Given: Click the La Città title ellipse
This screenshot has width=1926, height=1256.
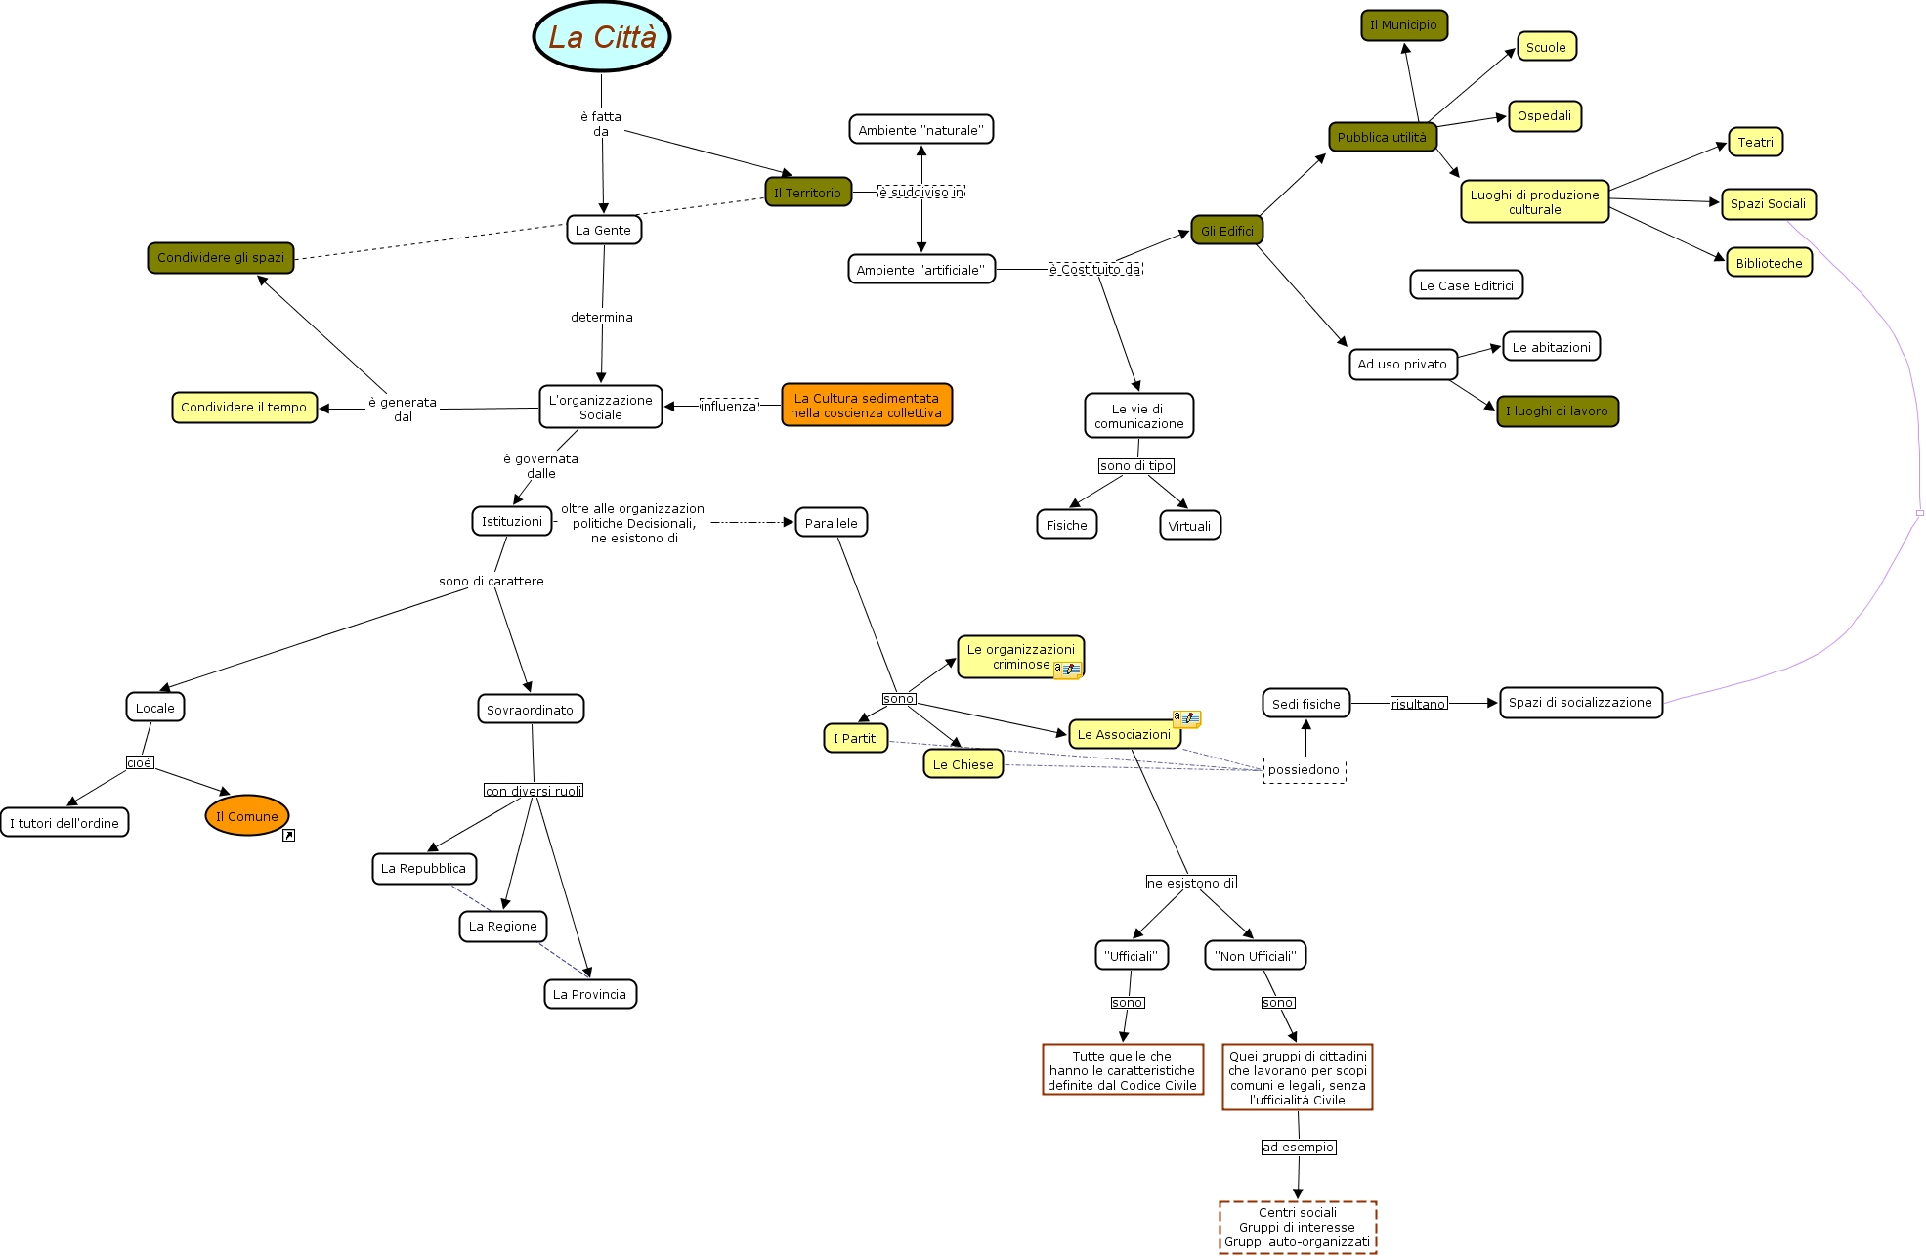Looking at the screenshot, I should [x=602, y=37].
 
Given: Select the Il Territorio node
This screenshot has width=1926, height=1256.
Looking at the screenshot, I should [x=808, y=193].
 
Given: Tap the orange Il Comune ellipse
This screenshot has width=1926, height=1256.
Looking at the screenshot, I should [x=247, y=815].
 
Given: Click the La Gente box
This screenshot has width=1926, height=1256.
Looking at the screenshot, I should [x=604, y=230].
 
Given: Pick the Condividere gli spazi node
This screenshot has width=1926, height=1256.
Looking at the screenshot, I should [x=221, y=258].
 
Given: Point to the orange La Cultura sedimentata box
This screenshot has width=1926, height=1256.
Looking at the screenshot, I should [x=867, y=405].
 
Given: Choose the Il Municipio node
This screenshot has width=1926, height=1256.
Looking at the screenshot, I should [x=1403, y=25].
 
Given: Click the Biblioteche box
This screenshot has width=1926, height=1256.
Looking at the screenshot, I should [x=1769, y=263].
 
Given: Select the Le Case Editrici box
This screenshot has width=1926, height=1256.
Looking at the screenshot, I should [x=1466, y=285].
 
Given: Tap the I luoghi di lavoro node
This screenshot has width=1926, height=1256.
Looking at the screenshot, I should [x=1557, y=411].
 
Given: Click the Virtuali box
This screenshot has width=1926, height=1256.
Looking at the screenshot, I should [x=1189, y=526].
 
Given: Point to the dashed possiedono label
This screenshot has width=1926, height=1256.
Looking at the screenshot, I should [x=1304, y=770].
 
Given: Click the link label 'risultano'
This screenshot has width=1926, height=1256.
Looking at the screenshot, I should [x=1418, y=704].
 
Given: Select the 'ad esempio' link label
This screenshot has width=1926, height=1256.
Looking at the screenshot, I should [x=1298, y=1148].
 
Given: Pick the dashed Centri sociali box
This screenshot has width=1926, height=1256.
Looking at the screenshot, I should [x=1298, y=1227].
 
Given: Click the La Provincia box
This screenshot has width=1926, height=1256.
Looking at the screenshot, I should [x=590, y=994].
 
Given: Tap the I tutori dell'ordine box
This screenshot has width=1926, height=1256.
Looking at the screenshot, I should [x=64, y=823].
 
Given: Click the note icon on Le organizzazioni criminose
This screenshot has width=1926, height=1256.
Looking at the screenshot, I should [x=1067, y=670].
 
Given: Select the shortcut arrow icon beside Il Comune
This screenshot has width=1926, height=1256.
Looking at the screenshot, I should [x=288, y=836].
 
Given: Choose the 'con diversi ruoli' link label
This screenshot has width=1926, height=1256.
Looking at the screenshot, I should [x=534, y=791].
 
